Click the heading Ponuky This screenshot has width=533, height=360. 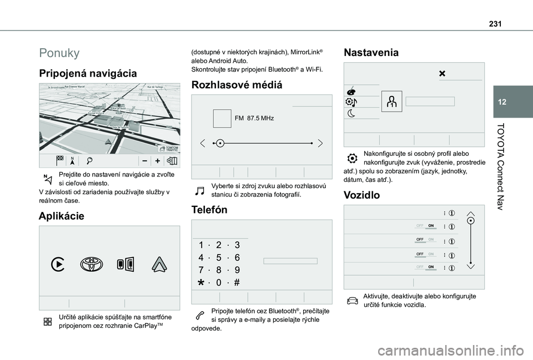(59, 53)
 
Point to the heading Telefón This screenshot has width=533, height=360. (209, 210)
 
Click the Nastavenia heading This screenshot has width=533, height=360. (371, 53)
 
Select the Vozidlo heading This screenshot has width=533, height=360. (362, 195)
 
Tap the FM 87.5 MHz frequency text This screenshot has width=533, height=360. (254, 119)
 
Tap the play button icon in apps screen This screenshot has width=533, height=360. (57, 265)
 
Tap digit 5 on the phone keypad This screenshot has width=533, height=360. (219, 257)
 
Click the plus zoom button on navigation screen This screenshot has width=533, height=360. (157, 161)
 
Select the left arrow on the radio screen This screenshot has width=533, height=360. (202, 143)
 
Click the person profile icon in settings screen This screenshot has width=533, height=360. (391, 101)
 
